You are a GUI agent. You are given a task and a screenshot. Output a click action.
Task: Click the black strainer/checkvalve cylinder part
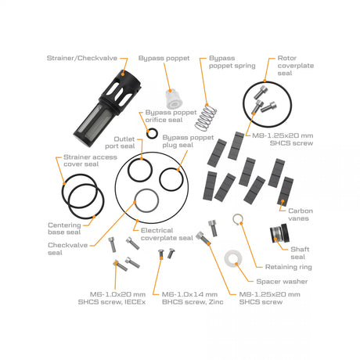pos(107,108)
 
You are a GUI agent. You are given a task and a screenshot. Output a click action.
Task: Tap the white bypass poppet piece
pos(174,99)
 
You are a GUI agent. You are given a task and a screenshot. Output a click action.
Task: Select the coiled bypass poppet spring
pos(206,117)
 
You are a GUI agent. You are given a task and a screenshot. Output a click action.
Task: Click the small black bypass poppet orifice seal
pos(152,134)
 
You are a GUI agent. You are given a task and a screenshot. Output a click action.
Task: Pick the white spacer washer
pos(233,258)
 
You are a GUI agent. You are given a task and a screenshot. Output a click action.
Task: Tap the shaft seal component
pos(279,233)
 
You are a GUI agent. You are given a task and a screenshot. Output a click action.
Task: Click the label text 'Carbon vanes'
pos(300,214)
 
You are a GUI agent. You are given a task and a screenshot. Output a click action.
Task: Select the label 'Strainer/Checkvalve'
pos(82,58)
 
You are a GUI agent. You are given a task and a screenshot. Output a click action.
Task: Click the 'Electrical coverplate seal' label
pos(167,234)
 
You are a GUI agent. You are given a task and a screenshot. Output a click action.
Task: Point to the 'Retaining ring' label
pos(289,267)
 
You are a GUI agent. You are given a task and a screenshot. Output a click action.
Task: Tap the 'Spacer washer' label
pos(282,282)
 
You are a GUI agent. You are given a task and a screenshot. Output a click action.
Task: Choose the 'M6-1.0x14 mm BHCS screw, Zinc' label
pos(193,298)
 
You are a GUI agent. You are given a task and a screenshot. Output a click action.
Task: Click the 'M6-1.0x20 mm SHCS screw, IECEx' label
pos(112,298)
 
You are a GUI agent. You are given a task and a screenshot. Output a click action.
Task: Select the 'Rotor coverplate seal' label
pos(296,66)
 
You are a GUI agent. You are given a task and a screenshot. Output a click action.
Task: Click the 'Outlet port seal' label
pos(120,142)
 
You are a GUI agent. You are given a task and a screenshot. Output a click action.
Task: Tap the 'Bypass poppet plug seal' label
pos(188,141)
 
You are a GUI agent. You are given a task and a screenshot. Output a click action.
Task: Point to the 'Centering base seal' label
pos(64,229)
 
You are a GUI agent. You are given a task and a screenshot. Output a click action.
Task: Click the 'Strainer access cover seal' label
pos(90,160)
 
